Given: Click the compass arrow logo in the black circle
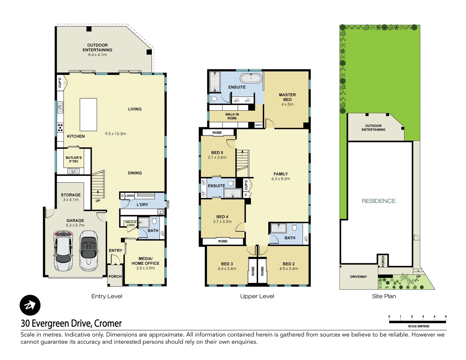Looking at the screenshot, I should pyautogui.click(x=30, y=305).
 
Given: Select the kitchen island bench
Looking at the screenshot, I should pyautogui.click(x=88, y=114).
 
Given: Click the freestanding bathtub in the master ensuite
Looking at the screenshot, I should pyautogui.click(x=251, y=78).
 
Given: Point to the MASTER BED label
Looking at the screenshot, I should pyautogui.click(x=287, y=97).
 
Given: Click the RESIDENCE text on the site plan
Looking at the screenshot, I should pyautogui.click(x=379, y=201).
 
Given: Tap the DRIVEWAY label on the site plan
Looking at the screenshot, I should pyautogui.click(x=358, y=277).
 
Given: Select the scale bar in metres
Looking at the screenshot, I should pyautogui.click(x=417, y=322).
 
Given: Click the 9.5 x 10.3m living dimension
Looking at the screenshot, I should pyautogui.click(x=115, y=134).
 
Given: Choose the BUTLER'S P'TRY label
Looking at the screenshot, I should pyautogui.click(x=74, y=159).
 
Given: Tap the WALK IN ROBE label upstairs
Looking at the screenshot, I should pyautogui.click(x=232, y=116).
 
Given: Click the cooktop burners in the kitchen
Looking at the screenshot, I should pyautogui.click(x=60, y=127).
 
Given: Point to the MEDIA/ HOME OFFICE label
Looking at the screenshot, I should pyautogui.click(x=145, y=261).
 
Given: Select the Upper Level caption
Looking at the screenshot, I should pyautogui.click(x=257, y=296).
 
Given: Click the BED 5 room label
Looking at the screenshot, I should pyautogui.click(x=217, y=153).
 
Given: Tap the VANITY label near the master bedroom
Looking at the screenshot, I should pyautogui.click(x=259, y=125).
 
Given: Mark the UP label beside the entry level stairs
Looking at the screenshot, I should pyautogui.click(x=98, y=201).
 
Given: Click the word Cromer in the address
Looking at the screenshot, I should pyautogui.click(x=108, y=323).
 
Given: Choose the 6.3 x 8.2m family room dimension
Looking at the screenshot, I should pyautogui.click(x=281, y=179).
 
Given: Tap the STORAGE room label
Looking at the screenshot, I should pyautogui.click(x=71, y=195).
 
